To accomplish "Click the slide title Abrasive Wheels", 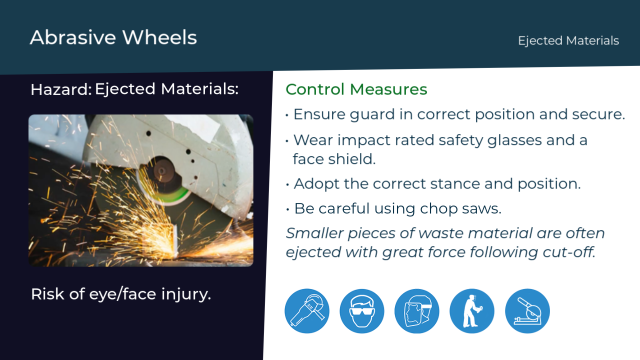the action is [113, 37].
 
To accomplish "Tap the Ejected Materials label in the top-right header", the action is [568, 41].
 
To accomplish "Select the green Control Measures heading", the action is [356, 89].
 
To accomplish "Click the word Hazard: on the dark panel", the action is [61, 89].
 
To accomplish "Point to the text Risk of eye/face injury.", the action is [121, 294].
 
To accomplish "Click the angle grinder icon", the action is [307, 311].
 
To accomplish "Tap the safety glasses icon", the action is [361, 311].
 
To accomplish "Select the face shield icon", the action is [417, 311].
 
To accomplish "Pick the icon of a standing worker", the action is [472, 311].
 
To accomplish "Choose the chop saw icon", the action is [527, 311].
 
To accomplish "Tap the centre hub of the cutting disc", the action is [161, 171].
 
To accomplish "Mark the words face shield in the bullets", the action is [334, 159].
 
